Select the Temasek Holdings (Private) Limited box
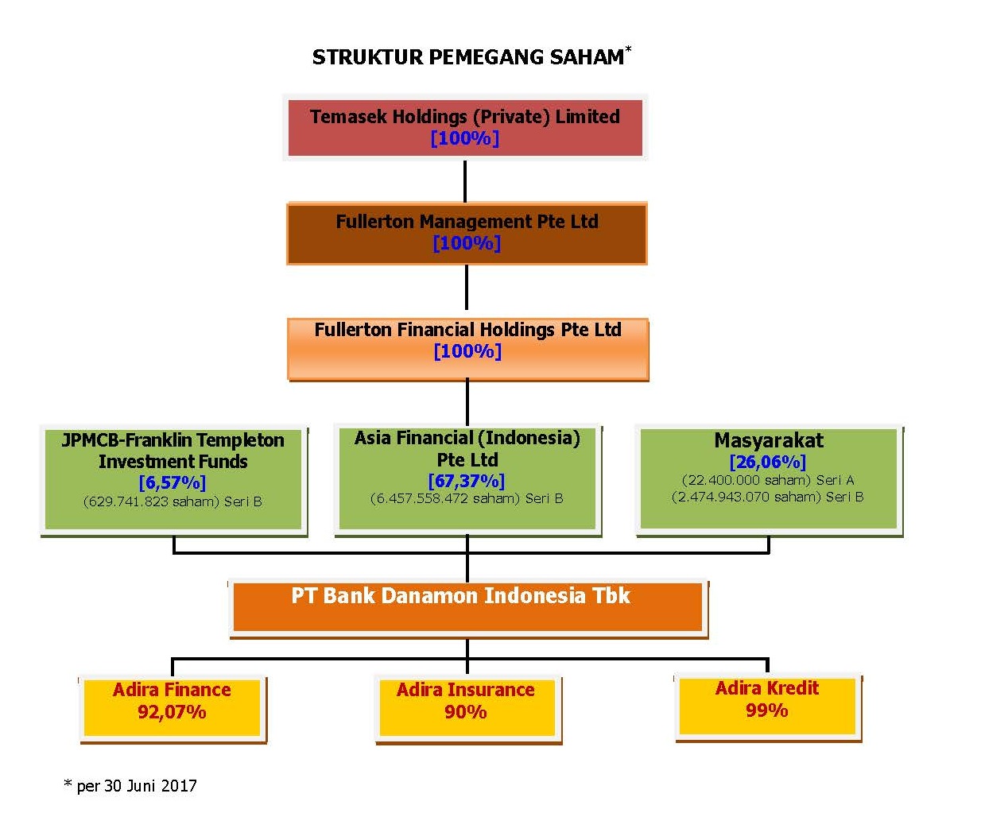(x=465, y=127)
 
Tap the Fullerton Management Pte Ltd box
(x=467, y=233)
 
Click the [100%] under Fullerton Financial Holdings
(x=467, y=351)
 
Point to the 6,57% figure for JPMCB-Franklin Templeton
(x=173, y=482)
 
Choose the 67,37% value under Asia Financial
(x=467, y=481)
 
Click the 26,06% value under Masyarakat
(x=767, y=461)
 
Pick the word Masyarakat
(x=769, y=440)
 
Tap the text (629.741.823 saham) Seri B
(x=173, y=501)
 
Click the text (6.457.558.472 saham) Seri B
(x=467, y=498)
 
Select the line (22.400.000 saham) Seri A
(x=768, y=480)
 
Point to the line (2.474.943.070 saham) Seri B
(x=767, y=497)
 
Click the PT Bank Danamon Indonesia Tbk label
(x=460, y=595)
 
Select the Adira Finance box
(x=173, y=710)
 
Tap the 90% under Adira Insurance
(x=466, y=712)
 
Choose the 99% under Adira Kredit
(x=767, y=710)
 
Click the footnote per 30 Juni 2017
(x=130, y=786)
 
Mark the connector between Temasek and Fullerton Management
(x=465, y=182)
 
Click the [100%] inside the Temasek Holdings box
(x=464, y=138)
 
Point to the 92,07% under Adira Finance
(x=172, y=712)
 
